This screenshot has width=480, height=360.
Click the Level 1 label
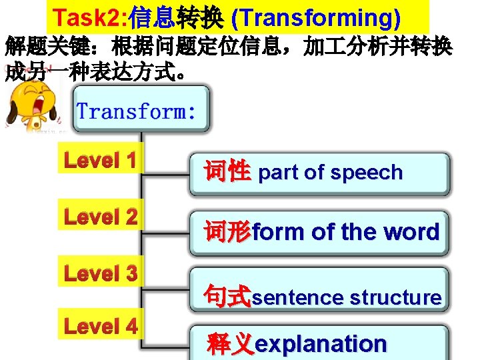100,161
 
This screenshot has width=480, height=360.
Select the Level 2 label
100,217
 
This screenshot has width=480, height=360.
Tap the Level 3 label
100,273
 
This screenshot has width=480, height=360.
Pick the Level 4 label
100,326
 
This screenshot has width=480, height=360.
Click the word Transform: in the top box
136,110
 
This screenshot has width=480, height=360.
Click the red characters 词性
227,172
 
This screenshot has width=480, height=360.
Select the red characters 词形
227,231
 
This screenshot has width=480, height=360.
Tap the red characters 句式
227,296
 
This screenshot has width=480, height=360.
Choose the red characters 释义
231,344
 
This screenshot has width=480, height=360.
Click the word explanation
321,344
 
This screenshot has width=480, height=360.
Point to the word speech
368,173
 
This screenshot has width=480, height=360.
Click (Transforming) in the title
326,18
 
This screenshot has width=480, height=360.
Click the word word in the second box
413,232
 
